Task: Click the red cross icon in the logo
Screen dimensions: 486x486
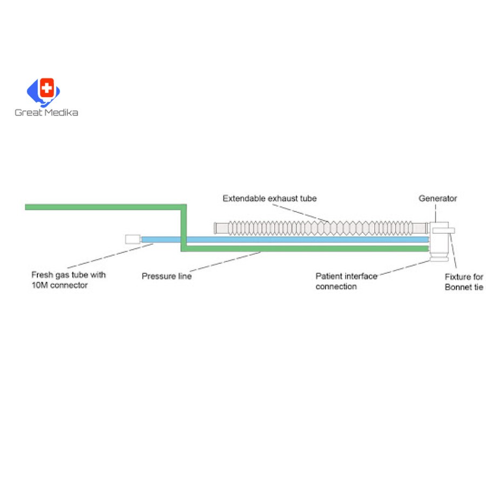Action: pos(48,88)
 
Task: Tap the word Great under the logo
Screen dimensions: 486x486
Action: pos(26,112)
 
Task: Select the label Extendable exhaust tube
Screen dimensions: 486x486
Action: pos(269,198)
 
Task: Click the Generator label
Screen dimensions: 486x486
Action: pos(437,198)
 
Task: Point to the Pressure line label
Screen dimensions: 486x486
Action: pos(166,276)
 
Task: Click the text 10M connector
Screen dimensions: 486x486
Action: pos(59,285)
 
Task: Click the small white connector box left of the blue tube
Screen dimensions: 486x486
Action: pos(132,239)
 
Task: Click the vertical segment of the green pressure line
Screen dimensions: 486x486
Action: pos(184,227)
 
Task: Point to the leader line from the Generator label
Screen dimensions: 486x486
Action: pos(436,212)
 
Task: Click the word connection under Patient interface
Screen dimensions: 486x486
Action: pos(336,286)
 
